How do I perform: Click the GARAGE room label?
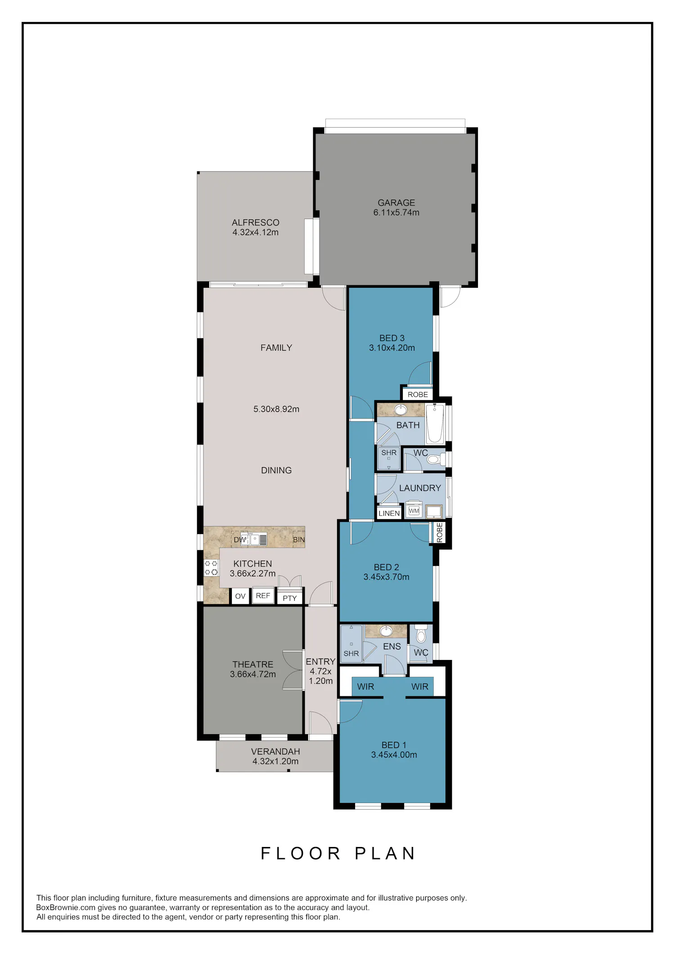coord(396,203)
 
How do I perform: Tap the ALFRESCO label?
coord(256,223)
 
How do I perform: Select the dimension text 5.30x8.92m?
coord(276,409)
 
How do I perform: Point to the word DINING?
coord(276,470)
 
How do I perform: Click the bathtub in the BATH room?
coord(435,424)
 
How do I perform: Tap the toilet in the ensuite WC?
coord(421,634)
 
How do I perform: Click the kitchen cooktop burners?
coord(211,568)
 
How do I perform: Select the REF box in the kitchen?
coord(263,595)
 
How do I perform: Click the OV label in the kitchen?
coord(240,596)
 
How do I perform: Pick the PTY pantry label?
coord(290,598)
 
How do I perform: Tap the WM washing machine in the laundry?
coord(414,510)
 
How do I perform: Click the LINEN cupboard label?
coord(389,513)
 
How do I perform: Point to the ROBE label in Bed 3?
coord(418,395)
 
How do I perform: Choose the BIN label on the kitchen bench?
coord(299,539)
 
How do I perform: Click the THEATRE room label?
coord(253,664)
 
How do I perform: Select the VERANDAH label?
coord(275,752)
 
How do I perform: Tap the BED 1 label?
coord(394,745)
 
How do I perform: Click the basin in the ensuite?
coord(386,630)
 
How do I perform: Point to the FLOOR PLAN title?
coord(338,853)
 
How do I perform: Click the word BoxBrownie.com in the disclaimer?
coord(66,908)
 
